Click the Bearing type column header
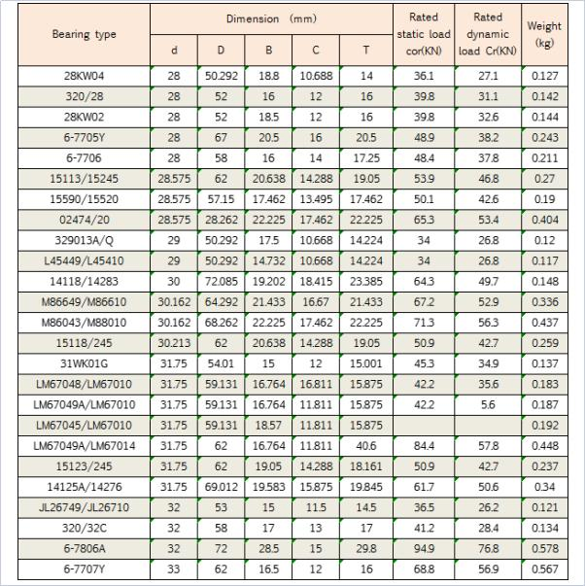pyautogui.click(x=84, y=34)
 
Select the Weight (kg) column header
pyautogui.click(x=544, y=34)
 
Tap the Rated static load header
pyautogui.click(x=424, y=34)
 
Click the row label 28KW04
pyautogui.click(x=84, y=75)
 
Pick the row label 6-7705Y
pyautogui.click(x=84, y=138)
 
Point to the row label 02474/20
pyautogui.click(x=84, y=221)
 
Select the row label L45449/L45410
pyautogui.click(x=84, y=261)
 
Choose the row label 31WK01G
pyautogui.click(x=84, y=364)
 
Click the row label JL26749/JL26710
pyautogui.click(x=84, y=508)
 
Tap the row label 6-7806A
pyautogui.click(x=84, y=549)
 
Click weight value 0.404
pyautogui.click(x=544, y=221)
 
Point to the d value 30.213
pyautogui.click(x=174, y=344)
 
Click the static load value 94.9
pyautogui.click(x=424, y=549)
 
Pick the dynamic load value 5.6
pyautogui.click(x=487, y=405)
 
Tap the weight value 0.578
pyautogui.click(x=544, y=549)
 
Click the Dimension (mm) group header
pyautogui.click(x=272, y=18)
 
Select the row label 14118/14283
pyautogui.click(x=84, y=282)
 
